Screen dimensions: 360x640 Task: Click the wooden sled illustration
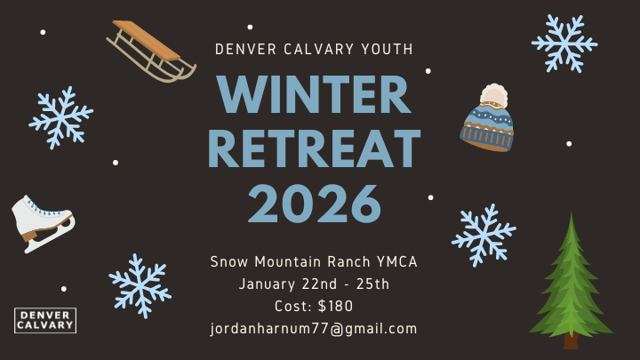click(x=148, y=51)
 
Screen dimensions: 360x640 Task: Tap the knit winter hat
click(x=486, y=123)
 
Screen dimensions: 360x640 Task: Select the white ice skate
click(x=39, y=220)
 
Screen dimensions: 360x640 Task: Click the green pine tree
click(x=570, y=280)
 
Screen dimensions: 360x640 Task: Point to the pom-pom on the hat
click(x=493, y=95)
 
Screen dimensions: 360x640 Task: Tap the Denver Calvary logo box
click(x=45, y=320)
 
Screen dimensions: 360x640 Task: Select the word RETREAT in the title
click(x=314, y=148)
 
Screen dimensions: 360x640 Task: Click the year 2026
click(x=314, y=203)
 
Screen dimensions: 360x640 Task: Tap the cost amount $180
click(x=334, y=307)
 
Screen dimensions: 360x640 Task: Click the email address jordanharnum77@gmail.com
click(x=314, y=329)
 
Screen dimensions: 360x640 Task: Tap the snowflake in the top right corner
click(x=564, y=42)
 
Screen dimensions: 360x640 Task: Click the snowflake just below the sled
click(x=60, y=116)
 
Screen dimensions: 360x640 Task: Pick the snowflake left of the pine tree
click(x=483, y=235)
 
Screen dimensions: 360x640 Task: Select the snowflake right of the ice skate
click(x=140, y=285)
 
